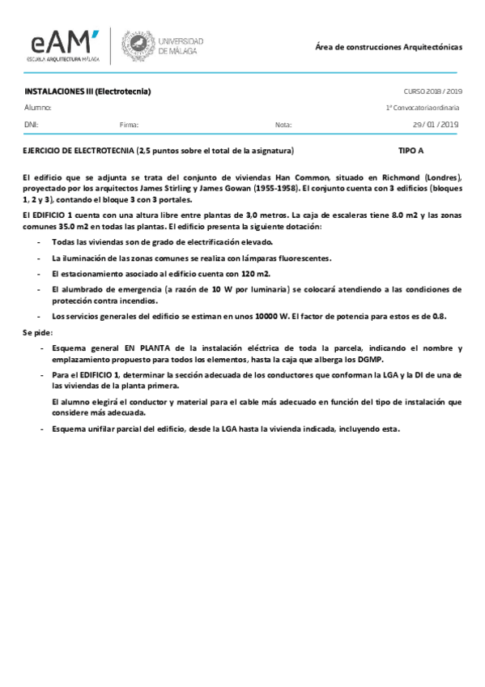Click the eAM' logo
point(65,44)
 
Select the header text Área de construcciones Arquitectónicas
point(388,47)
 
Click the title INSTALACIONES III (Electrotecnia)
point(88,92)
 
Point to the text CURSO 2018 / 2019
point(432,92)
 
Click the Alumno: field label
point(38,108)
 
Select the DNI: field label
point(31,125)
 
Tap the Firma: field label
point(129,125)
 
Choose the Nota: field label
point(283,125)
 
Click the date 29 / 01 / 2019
point(436,125)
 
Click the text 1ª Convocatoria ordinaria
point(423,108)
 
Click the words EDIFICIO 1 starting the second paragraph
point(53,215)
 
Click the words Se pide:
point(36,332)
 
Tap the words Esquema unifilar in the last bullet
point(81,429)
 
